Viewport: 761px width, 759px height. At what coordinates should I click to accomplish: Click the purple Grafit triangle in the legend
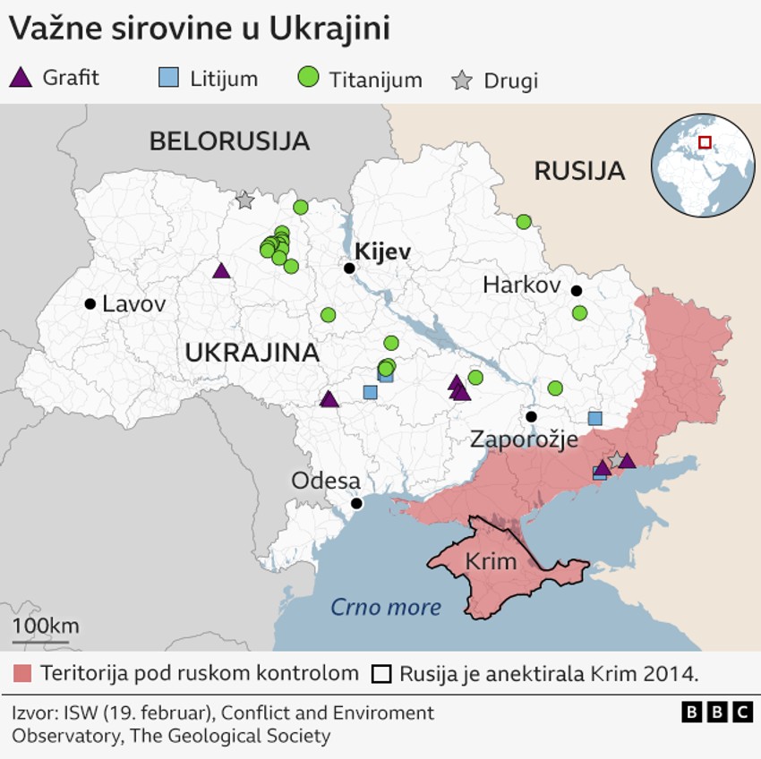click(21, 78)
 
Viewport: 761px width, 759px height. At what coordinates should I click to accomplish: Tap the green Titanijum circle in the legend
click(308, 78)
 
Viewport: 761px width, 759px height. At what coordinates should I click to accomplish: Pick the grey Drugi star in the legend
click(462, 81)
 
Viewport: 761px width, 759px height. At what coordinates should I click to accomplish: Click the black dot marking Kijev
click(349, 268)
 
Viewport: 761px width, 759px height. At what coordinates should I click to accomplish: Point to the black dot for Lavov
click(90, 304)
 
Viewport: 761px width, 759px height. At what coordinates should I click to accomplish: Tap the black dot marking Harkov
click(577, 290)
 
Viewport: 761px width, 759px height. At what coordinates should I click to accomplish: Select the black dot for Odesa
click(356, 503)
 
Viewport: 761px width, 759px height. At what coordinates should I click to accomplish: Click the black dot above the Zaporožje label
click(531, 416)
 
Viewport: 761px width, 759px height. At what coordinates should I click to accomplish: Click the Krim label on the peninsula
click(491, 562)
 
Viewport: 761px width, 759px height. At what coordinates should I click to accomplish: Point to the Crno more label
click(386, 608)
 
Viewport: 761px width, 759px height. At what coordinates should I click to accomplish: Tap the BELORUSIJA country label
click(229, 141)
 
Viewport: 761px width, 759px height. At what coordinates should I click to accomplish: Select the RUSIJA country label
click(579, 171)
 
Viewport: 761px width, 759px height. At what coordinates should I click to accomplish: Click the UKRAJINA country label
click(252, 353)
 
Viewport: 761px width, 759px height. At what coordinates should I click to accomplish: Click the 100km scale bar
click(40, 641)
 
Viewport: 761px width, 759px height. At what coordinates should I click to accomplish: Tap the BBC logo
click(716, 712)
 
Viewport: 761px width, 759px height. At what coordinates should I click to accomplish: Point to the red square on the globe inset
click(705, 142)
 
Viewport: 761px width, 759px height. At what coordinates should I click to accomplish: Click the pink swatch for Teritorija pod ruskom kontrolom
click(23, 673)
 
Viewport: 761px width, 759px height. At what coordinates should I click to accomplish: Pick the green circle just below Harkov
click(579, 313)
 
